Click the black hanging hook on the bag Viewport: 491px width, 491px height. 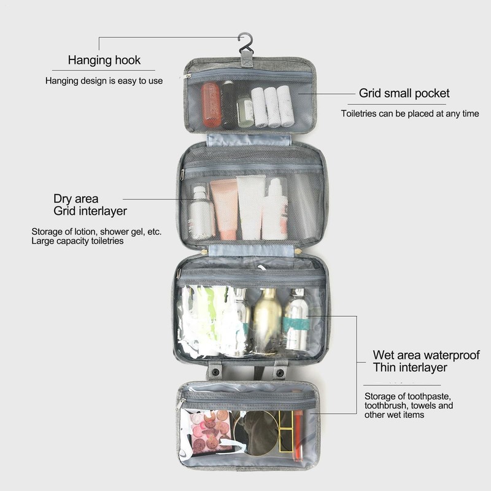pos(246,42)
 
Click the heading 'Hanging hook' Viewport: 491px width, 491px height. pos(104,60)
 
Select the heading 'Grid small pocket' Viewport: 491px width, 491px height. pos(404,93)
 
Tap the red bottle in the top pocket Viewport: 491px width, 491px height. pos(211,105)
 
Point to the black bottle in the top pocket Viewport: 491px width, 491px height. pos(229,104)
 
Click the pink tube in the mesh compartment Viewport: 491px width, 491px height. pos(224,209)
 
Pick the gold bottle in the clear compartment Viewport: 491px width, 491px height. pos(267,319)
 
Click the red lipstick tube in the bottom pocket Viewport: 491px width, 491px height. pos(298,435)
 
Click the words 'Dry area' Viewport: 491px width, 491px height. pos(75,199)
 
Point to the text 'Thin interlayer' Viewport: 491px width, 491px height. pos(410,368)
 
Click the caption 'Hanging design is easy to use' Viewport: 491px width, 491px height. pos(104,80)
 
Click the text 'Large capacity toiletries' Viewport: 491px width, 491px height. pos(78,241)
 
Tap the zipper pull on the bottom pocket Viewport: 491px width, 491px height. pos(182,403)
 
